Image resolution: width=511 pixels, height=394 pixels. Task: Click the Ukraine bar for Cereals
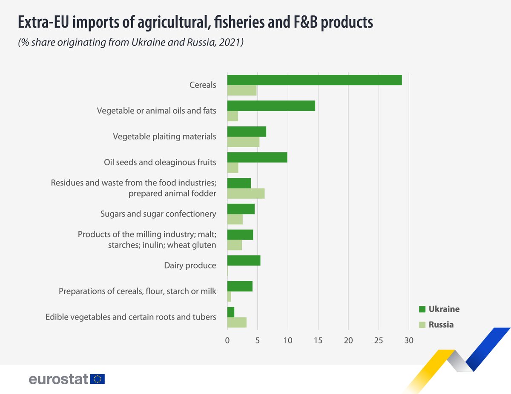[314, 80]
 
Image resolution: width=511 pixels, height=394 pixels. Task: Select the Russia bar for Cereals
[242, 90]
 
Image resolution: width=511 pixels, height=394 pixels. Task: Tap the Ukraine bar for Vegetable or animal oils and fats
[271, 106]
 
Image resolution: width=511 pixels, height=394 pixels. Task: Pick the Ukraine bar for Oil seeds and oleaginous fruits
[257, 157]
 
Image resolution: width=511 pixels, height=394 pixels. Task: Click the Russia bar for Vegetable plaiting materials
[243, 142]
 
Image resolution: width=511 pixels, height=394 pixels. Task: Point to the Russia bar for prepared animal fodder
[246, 194]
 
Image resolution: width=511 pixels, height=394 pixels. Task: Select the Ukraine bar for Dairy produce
[244, 260]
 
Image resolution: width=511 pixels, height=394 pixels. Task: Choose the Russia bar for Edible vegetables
[237, 323]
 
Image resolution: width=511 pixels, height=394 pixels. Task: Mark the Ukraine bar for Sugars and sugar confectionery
[241, 209]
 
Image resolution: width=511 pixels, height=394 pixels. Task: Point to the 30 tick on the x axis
[409, 340]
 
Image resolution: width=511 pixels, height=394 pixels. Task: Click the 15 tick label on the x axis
[318, 340]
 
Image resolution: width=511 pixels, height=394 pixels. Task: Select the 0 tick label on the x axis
[227, 340]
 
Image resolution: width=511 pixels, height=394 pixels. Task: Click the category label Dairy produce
[190, 266]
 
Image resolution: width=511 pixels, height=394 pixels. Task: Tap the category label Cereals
[203, 85]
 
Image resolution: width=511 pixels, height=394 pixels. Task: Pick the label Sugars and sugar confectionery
[158, 214]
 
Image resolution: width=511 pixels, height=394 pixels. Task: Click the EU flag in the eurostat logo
[98, 379]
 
